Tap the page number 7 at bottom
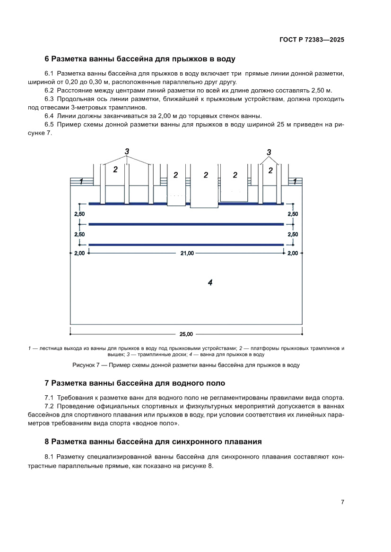click(x=342, y=502)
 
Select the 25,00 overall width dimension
click(x=186, y=334)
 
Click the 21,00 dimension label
click(x=186, y=254)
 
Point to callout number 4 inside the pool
click(x=210, y=282)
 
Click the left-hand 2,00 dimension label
click(x=79, y=254)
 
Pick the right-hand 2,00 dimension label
click(x=293, y=254)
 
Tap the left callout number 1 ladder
click(x=81, y=182)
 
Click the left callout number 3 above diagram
click(x=127, y=151)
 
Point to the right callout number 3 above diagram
click(x=269, y=152)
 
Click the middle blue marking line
click(x=186, y=224)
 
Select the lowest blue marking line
click(x=186, y=245)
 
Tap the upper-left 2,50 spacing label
click(x=79, y=214)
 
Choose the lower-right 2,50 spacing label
click(x=293, y=234)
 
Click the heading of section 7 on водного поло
click(x=135, y=382)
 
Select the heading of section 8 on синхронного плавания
click(x=153, y=442)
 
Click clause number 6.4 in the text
click(x=49, y=116)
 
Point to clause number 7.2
click(x=49, y=407)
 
